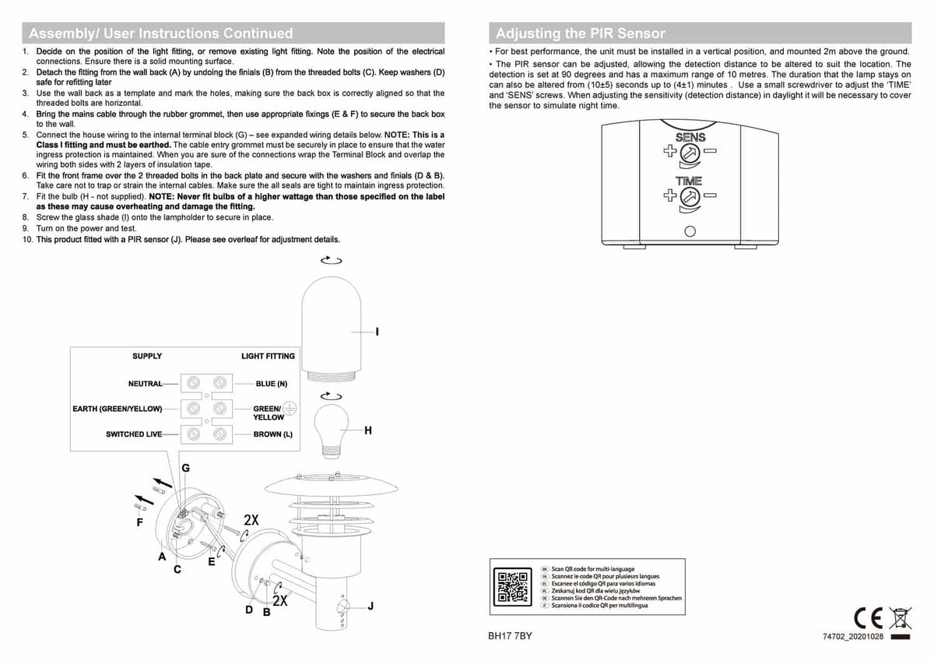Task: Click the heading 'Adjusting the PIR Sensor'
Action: pos(580,33)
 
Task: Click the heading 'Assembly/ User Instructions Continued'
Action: pos(161,33)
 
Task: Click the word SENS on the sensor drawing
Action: pos(690,138)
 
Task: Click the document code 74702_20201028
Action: pos(853,637)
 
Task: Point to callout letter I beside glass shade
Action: pos(377,332)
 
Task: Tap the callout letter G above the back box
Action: pos(185,468)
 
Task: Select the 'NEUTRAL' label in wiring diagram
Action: pos(146,384)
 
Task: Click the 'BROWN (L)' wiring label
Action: pos(272,434)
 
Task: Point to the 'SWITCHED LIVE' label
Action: pos(135,434)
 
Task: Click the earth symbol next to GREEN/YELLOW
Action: pos(290,408)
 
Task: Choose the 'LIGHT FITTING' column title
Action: pos(268,357)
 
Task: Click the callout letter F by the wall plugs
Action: pos(140,522)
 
